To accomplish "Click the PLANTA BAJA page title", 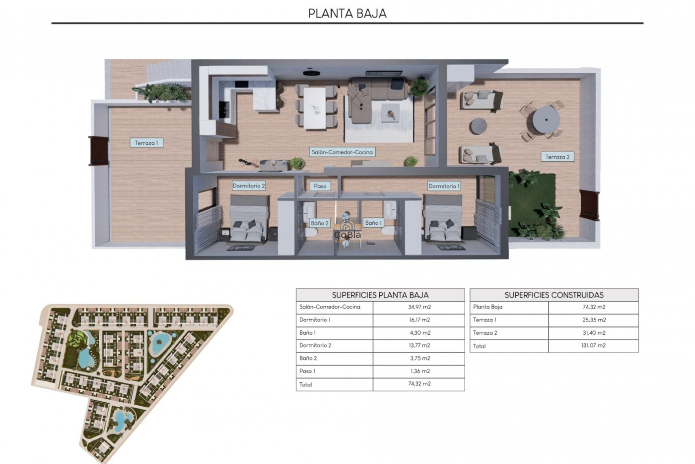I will pos(347,13).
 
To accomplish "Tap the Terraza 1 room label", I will pos(146,143).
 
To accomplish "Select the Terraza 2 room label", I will pos(557,157).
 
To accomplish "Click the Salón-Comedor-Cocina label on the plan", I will pos(342,152).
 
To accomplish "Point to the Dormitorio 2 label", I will pos(249,186).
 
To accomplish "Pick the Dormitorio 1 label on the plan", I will pos(444,186).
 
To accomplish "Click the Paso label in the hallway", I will pos(320,186).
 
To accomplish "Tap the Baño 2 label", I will pos(320,223).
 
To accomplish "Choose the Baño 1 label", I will pos(373,223).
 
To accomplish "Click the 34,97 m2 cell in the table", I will pos(419,307).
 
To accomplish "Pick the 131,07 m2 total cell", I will pos(594,345).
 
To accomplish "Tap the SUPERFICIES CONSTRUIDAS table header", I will pos(554,295).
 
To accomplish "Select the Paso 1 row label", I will pos(307,371).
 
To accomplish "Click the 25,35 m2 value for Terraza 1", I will pos(594,320).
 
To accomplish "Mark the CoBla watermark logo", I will pos(347,232).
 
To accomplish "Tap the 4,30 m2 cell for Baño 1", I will pos(419,333).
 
